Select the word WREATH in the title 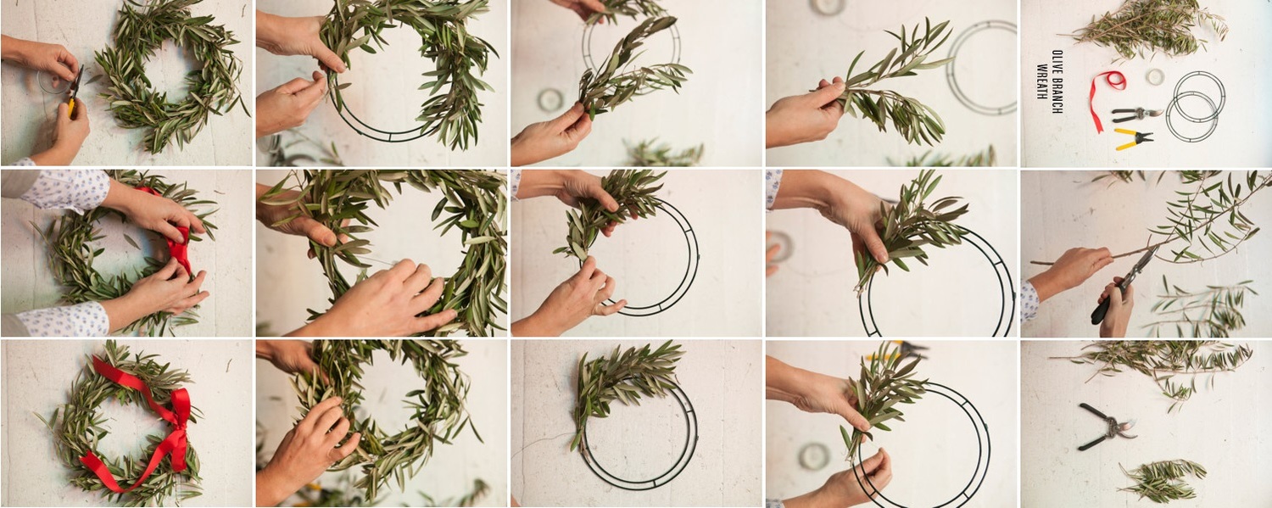pyautogui.click(x=1042, y=81)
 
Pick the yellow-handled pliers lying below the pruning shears pyautogui.click(x=1133, y=138)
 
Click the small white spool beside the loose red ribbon pyautogui.click(x=1154, y=77)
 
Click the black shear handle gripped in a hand pyautogui.click(x=1102, y=311)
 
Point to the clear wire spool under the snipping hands pyautogui.click(x=54, y=82)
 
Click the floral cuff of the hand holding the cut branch pyautogui.click(x=1029, y=301)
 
